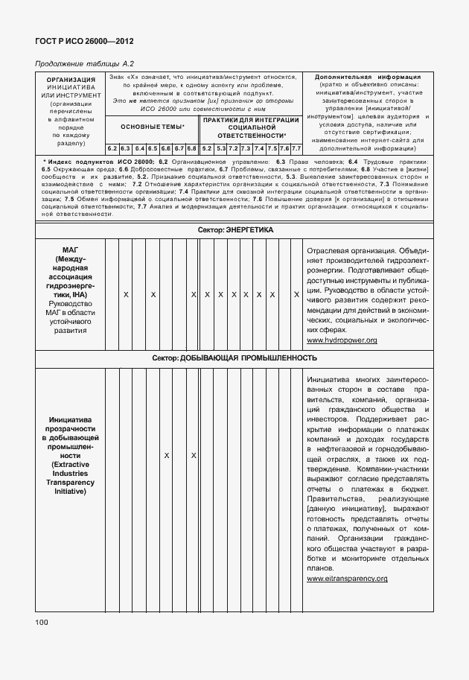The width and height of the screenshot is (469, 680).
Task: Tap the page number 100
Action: [x=41, y=621]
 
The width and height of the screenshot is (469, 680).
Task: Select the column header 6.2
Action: [x=112, y=148]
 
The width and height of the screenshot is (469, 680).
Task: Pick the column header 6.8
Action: [x=192, y=148]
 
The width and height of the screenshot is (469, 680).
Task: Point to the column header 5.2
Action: [x=207, y=148]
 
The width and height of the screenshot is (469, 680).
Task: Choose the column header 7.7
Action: [x=296, y=148]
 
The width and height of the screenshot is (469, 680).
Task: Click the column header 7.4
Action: [x=258, y=148]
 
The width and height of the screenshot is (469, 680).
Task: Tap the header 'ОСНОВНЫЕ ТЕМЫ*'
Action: [x=152, y=127]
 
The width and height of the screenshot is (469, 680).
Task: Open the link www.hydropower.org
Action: [x=342, y=340]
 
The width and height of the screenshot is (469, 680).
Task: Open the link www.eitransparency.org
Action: [x=347, y=579]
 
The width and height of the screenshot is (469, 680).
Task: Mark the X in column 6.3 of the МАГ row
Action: [x=125, y=295]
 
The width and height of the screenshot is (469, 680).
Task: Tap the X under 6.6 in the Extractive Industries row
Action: [x=166, y=454]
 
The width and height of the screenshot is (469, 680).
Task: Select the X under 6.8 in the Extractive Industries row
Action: [x=193, y=454]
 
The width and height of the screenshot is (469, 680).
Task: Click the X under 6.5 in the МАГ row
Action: [x=153, y=295]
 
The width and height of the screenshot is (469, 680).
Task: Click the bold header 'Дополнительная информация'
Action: [x=368, y=77]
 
